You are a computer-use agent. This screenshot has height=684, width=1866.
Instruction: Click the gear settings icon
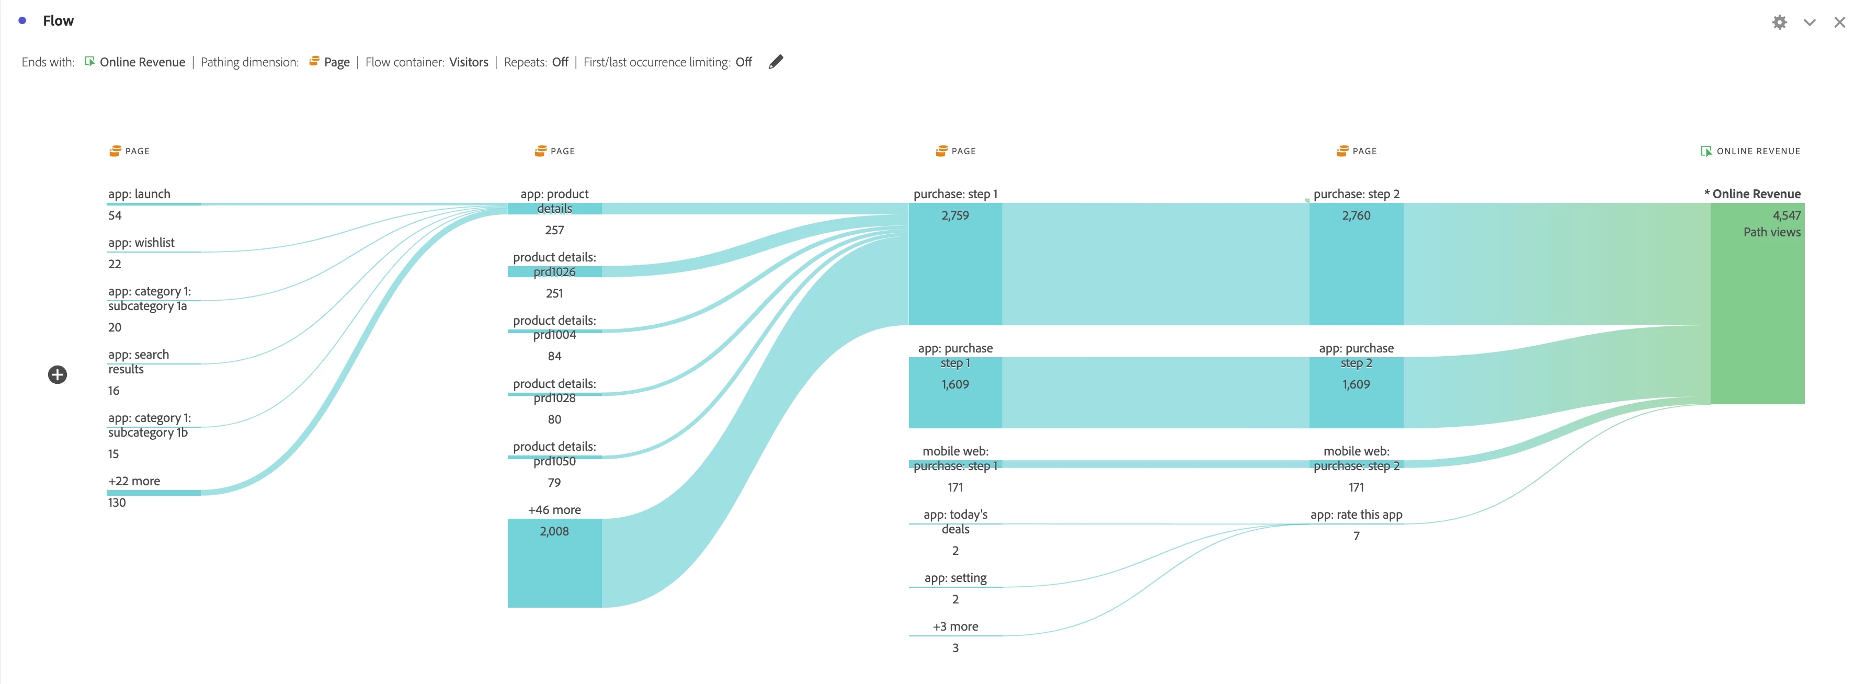tap(1779, 22)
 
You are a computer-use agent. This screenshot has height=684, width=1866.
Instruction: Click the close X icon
tap(1839, 22)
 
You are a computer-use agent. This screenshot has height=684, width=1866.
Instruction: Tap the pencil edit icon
tap(776, 62)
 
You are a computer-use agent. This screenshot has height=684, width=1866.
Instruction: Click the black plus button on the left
tap(57, 374)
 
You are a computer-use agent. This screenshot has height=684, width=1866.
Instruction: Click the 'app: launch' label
tap(139, 193)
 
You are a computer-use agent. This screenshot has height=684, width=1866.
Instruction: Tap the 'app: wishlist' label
tap(141, 242)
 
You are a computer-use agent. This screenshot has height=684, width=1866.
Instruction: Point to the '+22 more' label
tap(134, 481)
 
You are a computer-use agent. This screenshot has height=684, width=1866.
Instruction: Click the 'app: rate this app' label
tap(1356, 515)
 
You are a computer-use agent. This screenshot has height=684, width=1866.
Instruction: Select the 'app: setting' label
tap(955, 577)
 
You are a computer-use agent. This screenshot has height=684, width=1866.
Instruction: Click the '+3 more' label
tap(955, 626)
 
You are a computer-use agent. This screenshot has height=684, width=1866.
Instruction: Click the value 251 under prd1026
tap(554, 293)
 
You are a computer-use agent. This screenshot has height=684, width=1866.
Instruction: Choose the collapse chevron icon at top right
tap(1810, 22)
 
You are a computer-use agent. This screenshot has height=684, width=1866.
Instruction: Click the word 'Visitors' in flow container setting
tap(468, 62)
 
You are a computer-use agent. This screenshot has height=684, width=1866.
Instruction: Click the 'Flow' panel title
tap(58, 20)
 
